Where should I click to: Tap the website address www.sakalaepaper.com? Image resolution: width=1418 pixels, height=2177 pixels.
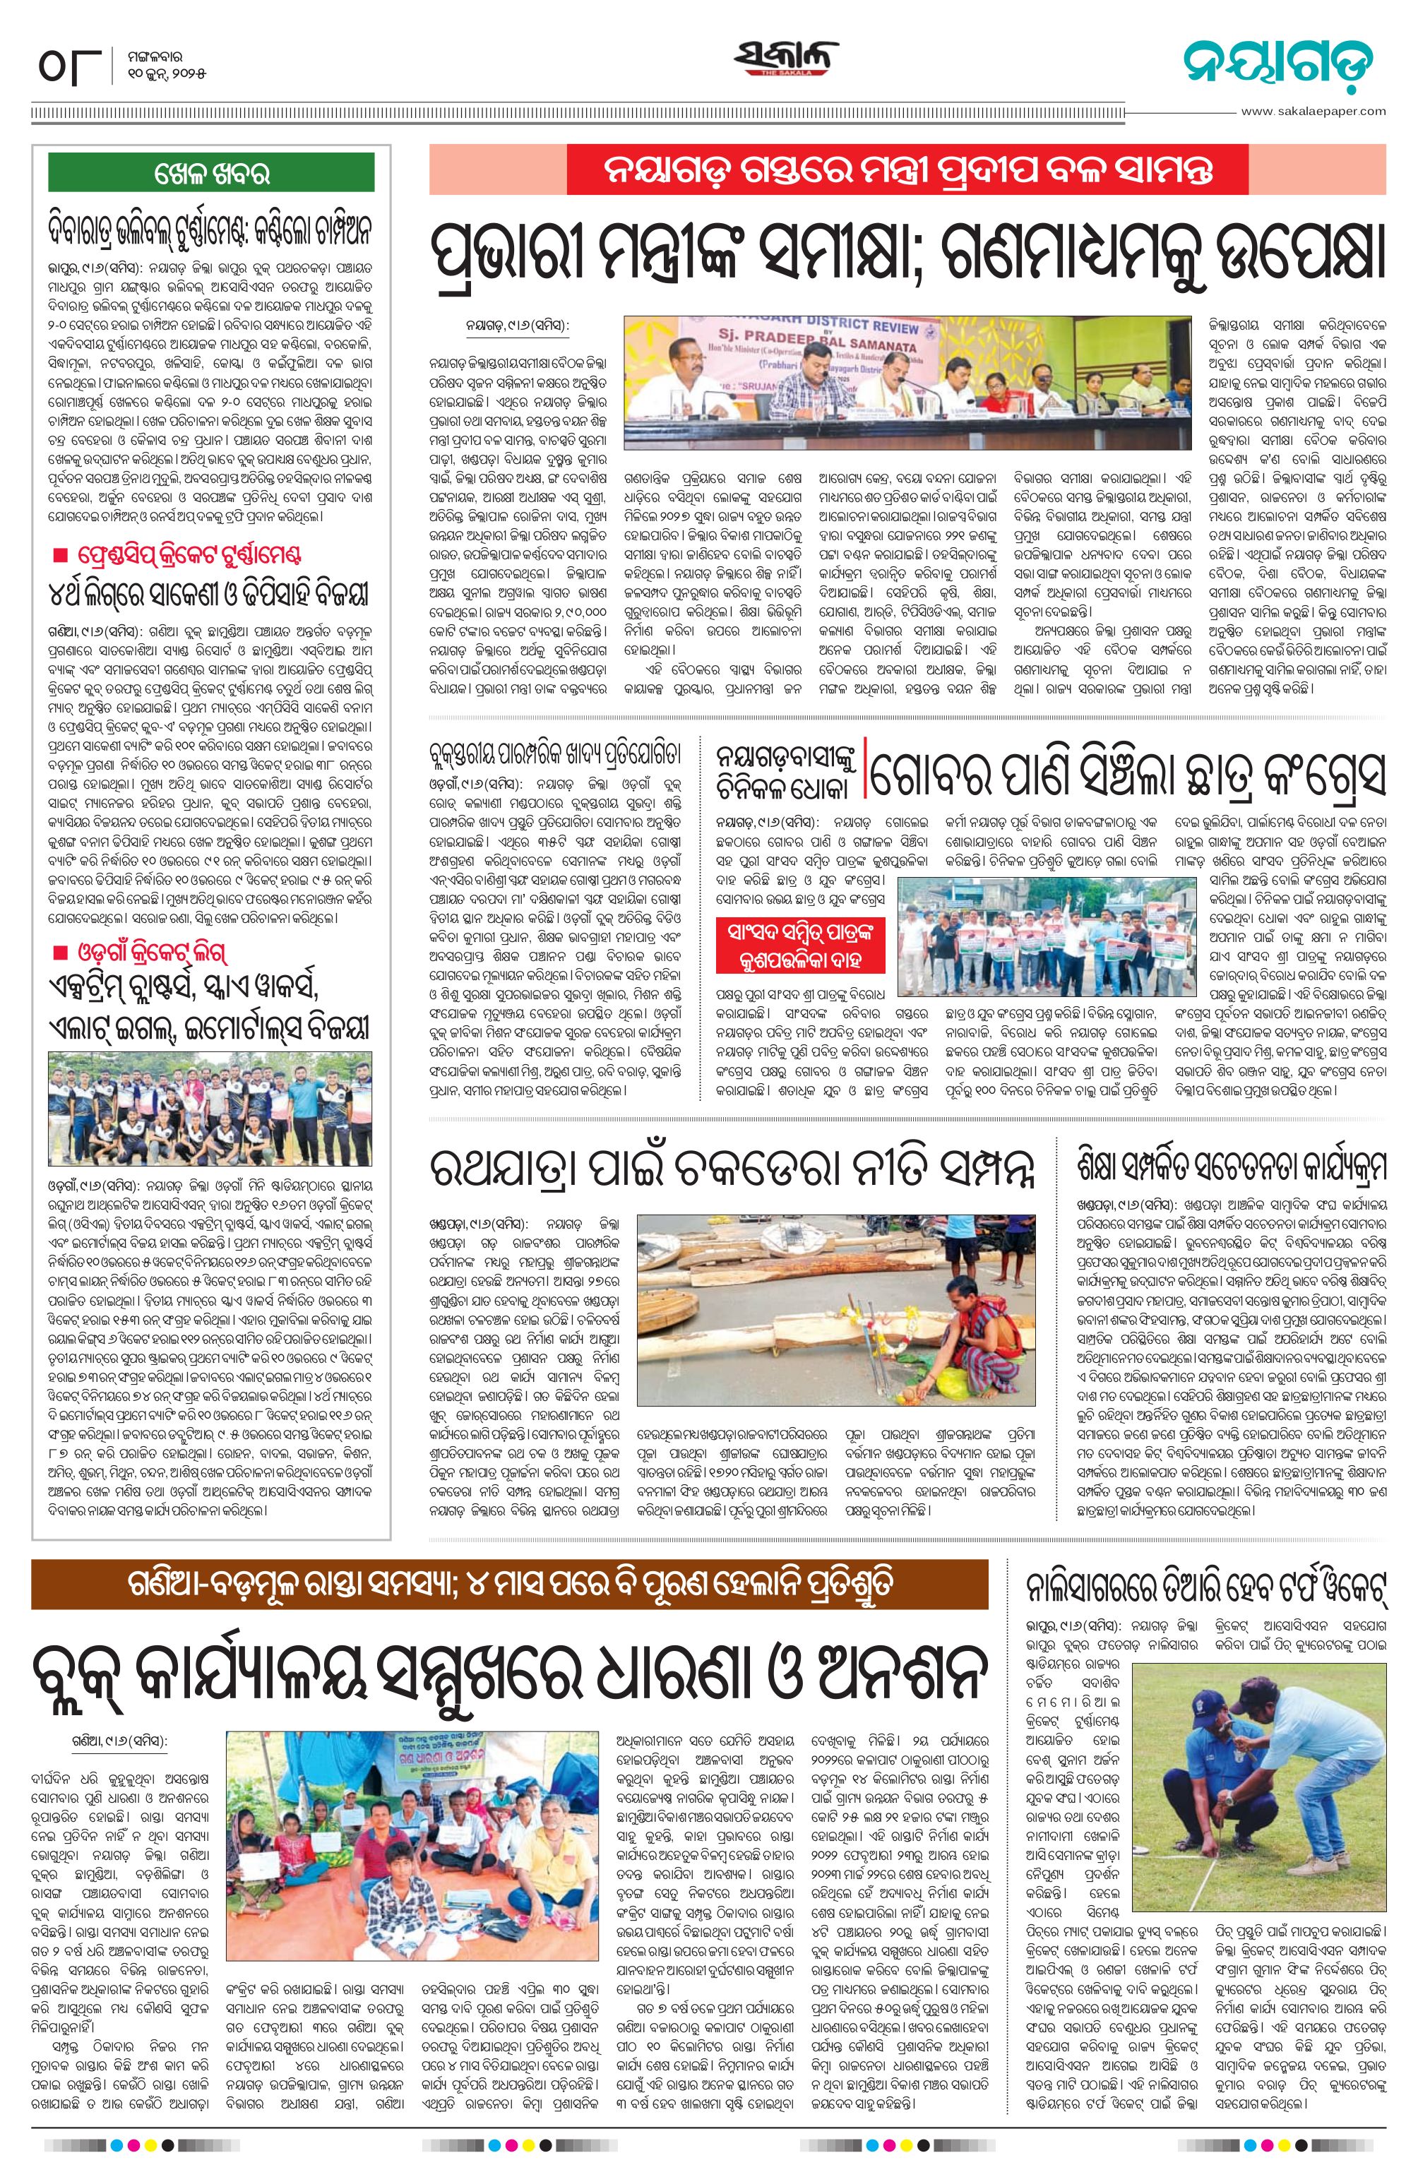point(1313,112)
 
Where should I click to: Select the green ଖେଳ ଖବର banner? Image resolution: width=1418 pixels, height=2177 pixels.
point(210,172)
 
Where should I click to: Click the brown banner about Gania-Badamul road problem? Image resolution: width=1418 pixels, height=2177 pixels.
point(510,1585)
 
